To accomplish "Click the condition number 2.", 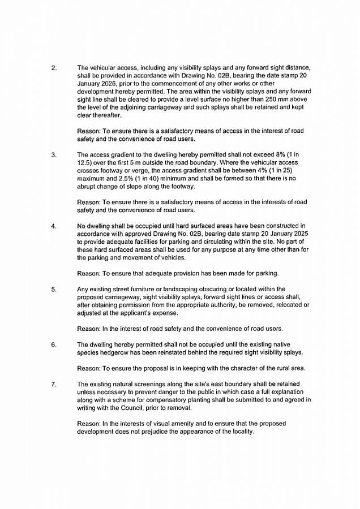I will click(54, 68).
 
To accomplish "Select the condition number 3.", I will click(54, 154).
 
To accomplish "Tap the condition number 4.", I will click(54, 226).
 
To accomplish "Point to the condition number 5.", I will click(54, 289).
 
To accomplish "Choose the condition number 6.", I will click(54, 344).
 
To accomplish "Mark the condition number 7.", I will click(54, 384).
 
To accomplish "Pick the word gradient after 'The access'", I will click(127, 154).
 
